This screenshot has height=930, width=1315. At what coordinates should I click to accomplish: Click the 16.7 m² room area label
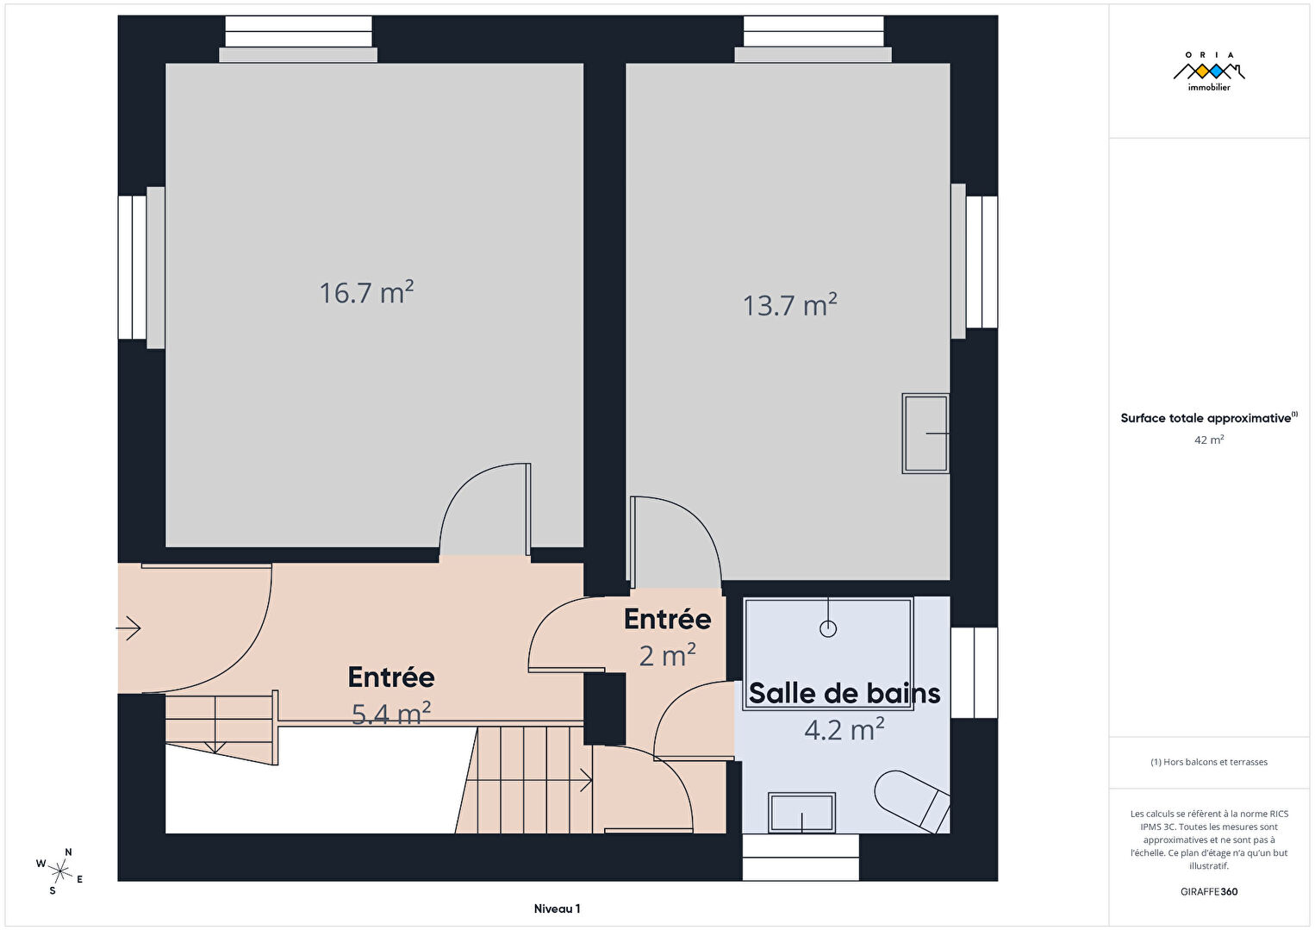point(366,292)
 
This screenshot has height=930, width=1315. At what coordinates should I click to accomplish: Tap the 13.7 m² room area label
point(790,305)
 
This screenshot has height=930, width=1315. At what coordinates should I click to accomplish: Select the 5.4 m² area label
point(391,714)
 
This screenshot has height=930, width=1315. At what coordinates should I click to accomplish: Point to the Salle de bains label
point(844,693)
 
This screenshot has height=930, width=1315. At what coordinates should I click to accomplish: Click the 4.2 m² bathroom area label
point(844,730)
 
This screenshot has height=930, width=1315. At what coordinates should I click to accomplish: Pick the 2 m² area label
point(668,655)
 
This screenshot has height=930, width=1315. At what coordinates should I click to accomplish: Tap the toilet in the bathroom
point(913,801)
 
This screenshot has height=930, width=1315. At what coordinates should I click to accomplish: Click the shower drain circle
point(828,629)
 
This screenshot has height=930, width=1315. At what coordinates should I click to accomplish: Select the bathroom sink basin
point(802,813)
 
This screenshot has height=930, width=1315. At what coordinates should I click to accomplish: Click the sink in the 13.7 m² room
point(925,434)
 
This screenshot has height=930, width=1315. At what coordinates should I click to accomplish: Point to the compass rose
point(59,871)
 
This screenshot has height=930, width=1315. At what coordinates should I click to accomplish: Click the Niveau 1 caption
point(557,908)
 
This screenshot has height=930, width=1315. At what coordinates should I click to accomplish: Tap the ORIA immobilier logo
point(1209,72)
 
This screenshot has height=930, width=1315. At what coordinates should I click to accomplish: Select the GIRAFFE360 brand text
point(1209,891)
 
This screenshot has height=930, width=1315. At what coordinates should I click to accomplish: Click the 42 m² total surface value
point(1209,440)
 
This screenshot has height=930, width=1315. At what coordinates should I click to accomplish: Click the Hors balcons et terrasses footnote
point(1209,761)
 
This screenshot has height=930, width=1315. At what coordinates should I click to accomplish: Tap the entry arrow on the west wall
point(128,628)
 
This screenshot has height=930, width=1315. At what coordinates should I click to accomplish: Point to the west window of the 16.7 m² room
point(141,268)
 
